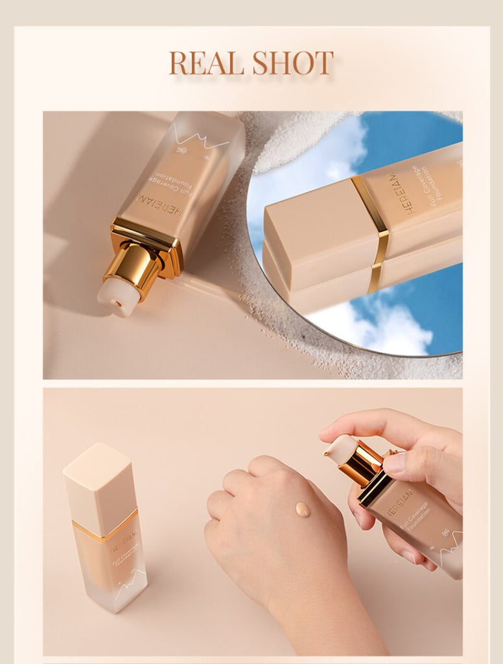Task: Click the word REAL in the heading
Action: pos(207,63)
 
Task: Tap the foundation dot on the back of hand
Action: pos(303,509)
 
